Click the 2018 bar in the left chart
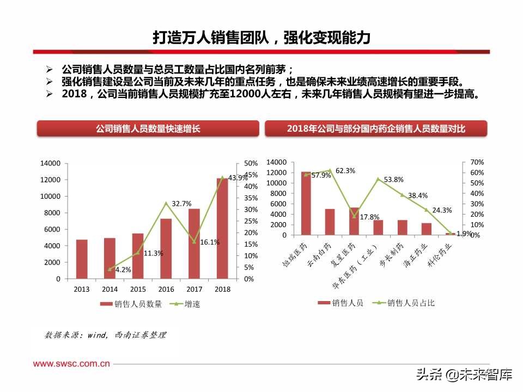coord(222,228)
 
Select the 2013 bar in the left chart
coord(82,259)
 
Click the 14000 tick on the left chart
coord(50,163)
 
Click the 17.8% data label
coord(369,217)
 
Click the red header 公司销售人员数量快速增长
coord(148,129)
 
